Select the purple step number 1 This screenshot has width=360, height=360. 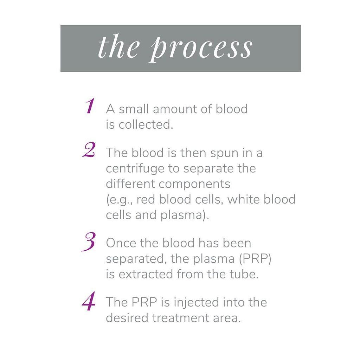pos(90,106)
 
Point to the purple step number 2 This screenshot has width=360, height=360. pos(89,150)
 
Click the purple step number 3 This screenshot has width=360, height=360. pos(88,242)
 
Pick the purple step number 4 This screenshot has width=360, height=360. pos(89,301)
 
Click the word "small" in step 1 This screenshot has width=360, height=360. pos(134,109)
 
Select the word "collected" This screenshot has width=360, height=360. pos(146,125)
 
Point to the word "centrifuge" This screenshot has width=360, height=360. pos(135,169)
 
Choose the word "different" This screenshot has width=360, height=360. pos(130,184)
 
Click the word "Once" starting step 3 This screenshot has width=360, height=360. pos(121,243)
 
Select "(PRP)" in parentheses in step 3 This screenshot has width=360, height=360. pos(255,259)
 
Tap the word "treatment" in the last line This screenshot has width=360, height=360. pos(181,318)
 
